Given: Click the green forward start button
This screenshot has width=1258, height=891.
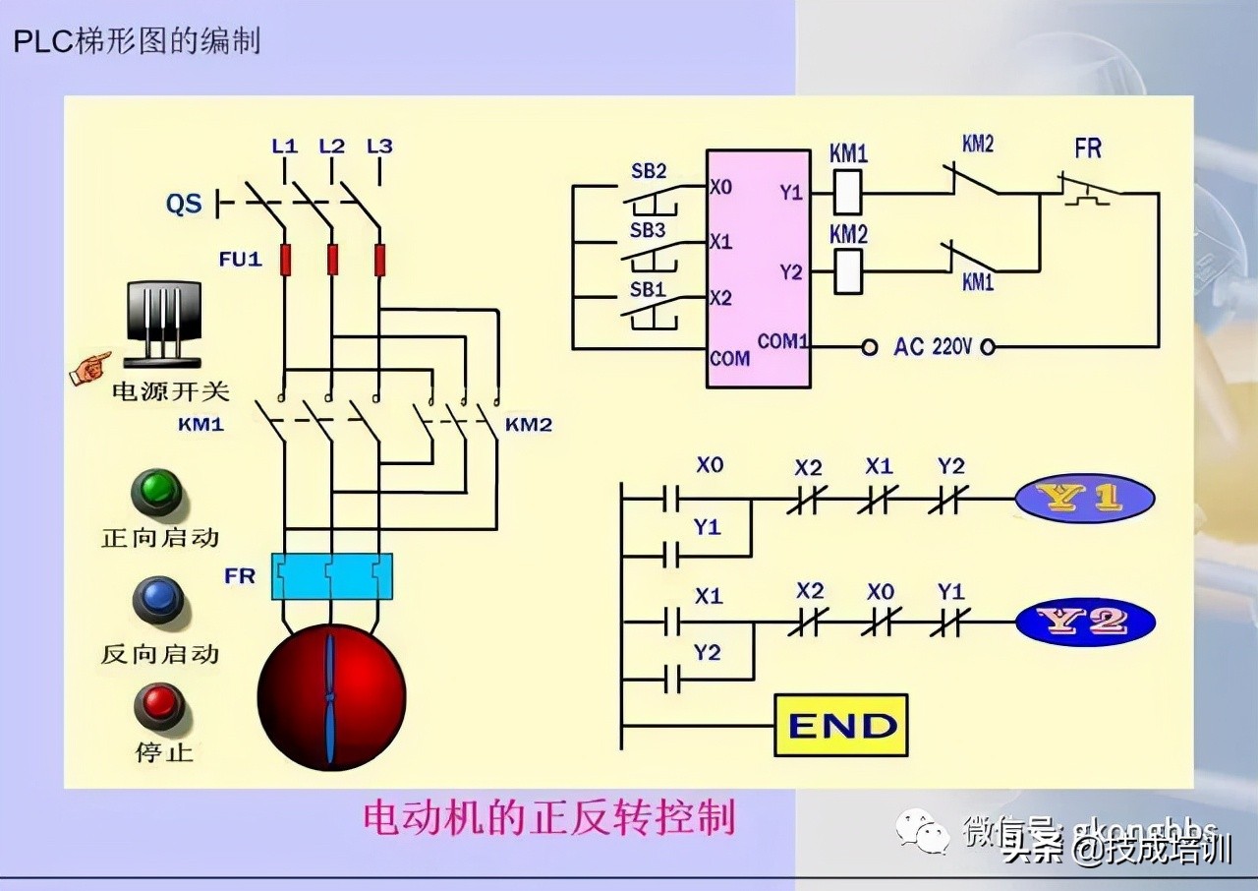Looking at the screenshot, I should point(157,492).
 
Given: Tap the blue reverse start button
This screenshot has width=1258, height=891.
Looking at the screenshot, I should point(157,600).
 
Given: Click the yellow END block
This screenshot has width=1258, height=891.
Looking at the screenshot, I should point(840,725).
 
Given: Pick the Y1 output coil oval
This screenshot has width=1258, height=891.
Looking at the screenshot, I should point(1084,498).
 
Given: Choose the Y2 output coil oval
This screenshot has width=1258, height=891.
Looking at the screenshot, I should point(1084,622).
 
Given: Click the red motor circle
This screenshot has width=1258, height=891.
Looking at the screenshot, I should point(331,697).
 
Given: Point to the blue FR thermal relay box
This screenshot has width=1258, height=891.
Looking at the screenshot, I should point(331,575).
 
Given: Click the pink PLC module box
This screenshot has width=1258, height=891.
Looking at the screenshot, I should point(758,267).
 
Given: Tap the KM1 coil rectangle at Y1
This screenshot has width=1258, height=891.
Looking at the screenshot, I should point(847,192).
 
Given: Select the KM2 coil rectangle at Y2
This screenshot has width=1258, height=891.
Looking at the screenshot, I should point(847,271).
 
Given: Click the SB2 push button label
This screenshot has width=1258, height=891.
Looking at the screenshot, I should point(648,171).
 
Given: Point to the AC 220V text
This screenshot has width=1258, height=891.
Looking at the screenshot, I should point(932,347).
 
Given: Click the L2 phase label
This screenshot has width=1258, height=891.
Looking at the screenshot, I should point(332,147).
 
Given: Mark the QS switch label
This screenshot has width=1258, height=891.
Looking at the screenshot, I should point(184,204).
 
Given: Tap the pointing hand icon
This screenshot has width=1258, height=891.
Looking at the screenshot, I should point(90,368).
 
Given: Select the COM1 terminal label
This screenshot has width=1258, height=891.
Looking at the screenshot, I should point(782,341).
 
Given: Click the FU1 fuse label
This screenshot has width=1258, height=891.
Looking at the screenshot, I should point(240,260).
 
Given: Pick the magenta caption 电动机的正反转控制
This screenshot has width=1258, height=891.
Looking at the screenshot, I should point(549,818).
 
